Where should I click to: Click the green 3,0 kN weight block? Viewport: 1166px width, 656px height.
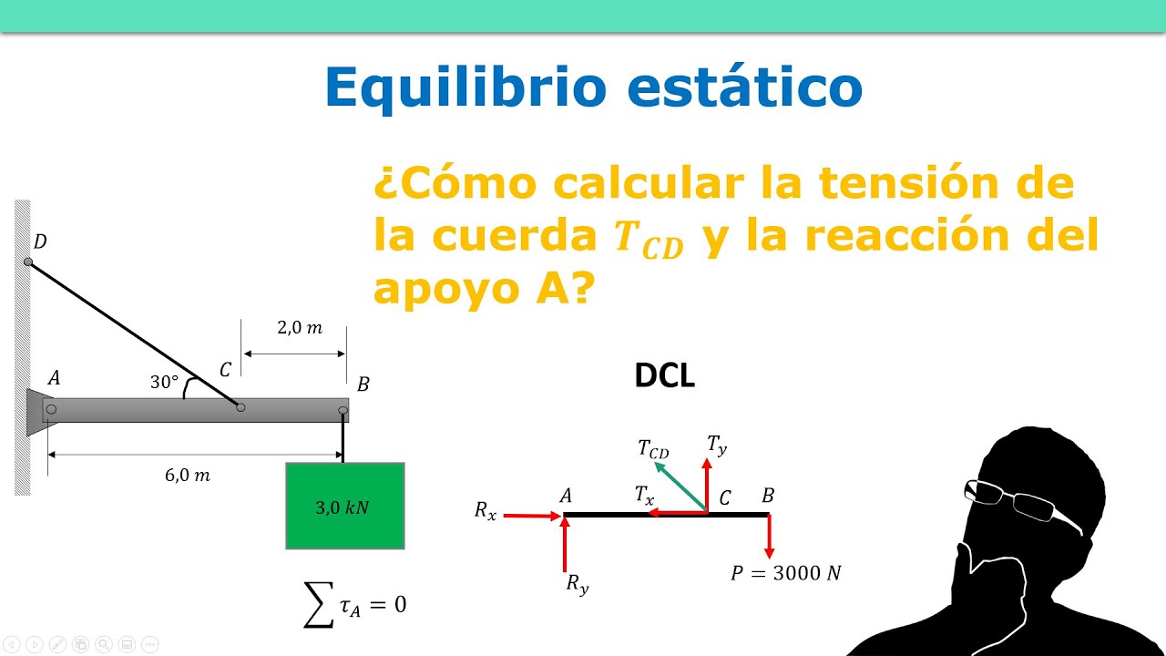(x=344, y=506)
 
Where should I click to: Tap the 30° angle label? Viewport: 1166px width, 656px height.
(x=164, y=383)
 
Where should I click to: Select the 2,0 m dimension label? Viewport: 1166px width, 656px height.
(x=300, y=328)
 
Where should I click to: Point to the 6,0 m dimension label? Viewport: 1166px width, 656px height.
(x=189, y=475)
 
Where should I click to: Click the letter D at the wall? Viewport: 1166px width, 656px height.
(x=39, y=241)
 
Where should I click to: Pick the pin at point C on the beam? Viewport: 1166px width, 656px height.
(x=240, y=407)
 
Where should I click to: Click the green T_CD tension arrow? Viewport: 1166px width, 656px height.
(x=680, y=487)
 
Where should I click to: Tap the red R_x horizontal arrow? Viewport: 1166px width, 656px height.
(x=533, y=516)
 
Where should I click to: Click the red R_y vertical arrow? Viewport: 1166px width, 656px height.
(x=566, y=545)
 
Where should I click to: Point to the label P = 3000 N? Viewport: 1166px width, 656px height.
(x=786, y=573)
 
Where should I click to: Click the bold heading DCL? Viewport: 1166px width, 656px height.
(x=665, y=376)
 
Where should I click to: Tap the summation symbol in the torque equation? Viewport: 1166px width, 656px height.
(x=318, y=605)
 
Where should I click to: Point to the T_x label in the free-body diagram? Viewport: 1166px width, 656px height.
(x=644, y=495)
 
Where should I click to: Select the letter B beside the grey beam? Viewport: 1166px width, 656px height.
(x=363, y=384)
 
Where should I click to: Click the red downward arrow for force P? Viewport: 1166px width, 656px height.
(x=770, y=536)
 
